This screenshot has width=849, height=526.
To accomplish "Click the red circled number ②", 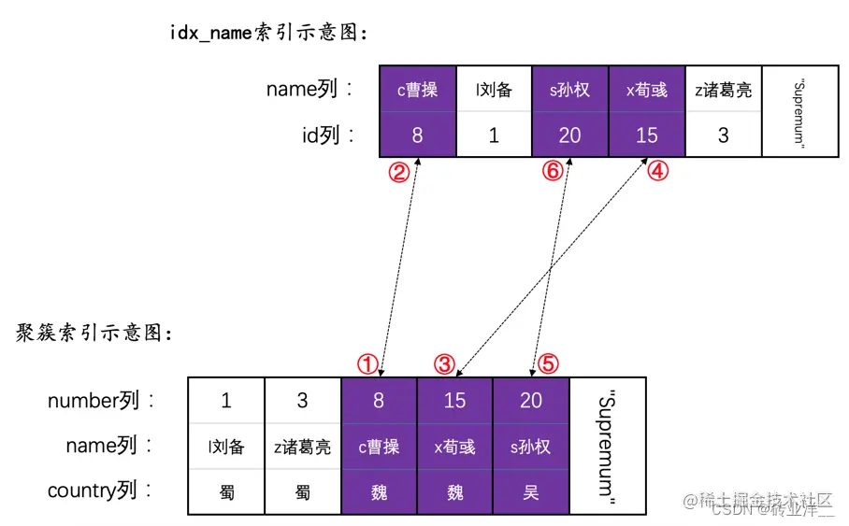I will pos(399,173).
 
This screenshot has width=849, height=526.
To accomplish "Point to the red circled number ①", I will pos(369,363).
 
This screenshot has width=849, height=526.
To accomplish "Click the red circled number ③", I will pos(446,363).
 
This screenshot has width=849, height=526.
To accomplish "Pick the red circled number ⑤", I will pos(548,363).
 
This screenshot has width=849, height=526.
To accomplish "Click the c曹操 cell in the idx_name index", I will pos(417,90).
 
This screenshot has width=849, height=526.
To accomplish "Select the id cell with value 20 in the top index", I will pos(569,135).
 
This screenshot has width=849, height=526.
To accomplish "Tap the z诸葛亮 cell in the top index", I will pos(723,90).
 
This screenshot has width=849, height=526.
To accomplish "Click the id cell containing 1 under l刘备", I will pos(494,135).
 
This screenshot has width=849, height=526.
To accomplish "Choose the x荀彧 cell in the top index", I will pos(646,90).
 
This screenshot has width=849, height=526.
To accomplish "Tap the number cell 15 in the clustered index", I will pos(454,401).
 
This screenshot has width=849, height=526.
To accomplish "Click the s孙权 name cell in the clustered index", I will pos(531,447).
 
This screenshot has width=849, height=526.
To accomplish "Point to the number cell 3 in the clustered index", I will pos(302,401).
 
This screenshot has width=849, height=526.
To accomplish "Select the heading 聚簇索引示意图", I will pos(94,333).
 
